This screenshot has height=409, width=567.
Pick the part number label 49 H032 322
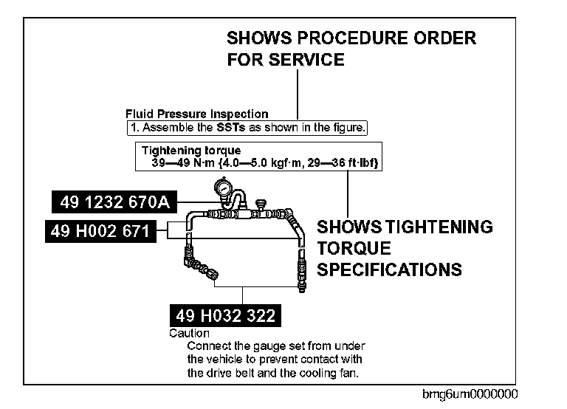point(225,316)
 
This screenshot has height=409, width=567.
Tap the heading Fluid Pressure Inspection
point(196,114)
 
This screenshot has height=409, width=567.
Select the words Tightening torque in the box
point(191,151)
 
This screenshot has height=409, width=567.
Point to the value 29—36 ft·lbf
point(344,162)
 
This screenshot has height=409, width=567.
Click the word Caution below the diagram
point(189,333)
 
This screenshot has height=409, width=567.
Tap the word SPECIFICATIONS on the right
point(389,269)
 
